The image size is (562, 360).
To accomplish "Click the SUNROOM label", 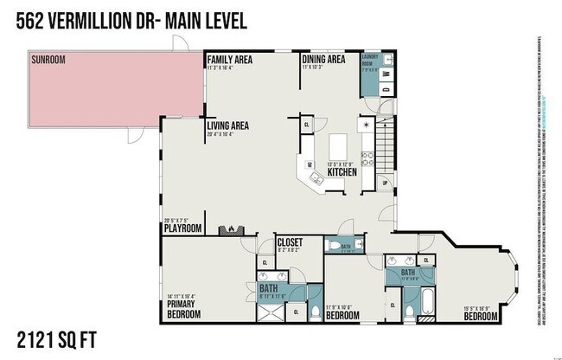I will click(48, 60).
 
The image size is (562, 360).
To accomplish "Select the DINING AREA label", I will click(324, 59).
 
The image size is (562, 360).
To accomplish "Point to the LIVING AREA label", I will click(230, 125).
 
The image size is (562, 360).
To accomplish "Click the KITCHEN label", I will click(342, 172).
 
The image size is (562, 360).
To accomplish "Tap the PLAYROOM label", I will click(183, 228).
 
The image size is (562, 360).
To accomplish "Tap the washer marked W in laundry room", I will click(386, 88).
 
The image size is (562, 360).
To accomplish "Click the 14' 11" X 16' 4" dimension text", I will click(182, 297).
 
